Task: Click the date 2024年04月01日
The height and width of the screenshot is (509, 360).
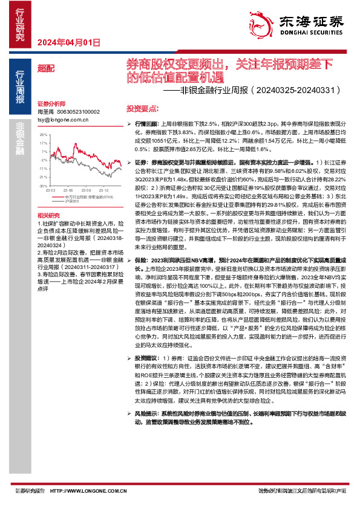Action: click(68, 42)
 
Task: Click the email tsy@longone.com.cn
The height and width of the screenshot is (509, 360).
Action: click(63, 119)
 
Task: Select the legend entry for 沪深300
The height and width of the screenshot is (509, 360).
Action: click(72, 201)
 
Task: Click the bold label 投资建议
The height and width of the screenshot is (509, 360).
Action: click(146, 358)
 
